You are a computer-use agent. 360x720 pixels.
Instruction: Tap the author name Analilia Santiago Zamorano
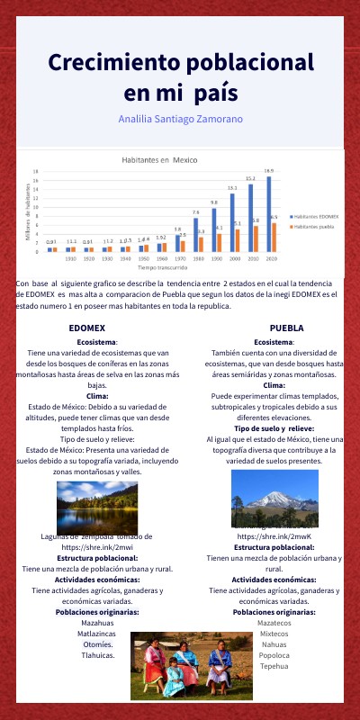click(180, 119)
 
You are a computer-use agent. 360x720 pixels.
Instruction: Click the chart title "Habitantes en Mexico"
click(158, 158)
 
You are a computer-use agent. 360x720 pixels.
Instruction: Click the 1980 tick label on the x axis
click(196, 258)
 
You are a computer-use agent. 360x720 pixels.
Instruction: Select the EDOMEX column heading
click(87, 328)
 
